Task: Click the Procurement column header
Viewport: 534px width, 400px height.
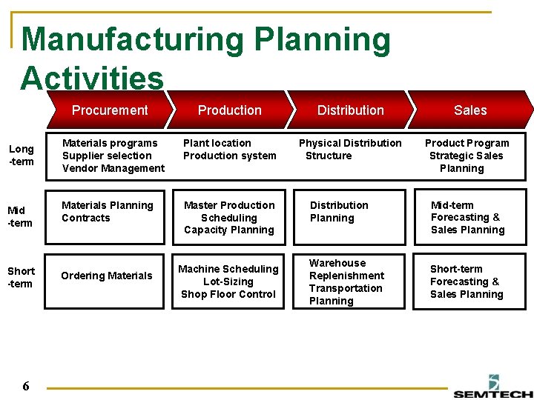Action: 110,110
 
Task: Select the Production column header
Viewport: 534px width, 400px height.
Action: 230,110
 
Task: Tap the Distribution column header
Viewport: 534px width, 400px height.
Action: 351,110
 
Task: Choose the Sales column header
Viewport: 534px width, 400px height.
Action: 470,110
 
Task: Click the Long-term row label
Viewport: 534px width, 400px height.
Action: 22,156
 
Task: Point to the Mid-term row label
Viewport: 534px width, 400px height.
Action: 21,217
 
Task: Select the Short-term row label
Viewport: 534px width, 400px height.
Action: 22,277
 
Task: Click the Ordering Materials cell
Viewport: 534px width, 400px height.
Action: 106,276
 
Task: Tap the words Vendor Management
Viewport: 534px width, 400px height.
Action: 113,168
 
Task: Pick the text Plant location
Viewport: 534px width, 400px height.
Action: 217,143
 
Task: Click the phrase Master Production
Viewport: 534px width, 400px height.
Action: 229,205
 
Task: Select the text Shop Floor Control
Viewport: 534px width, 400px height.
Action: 228,294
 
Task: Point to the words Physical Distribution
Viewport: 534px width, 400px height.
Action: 350,143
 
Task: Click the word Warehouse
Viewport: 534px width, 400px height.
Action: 337,263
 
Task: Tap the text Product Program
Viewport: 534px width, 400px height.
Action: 467,143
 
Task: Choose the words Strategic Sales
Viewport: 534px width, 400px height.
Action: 466,156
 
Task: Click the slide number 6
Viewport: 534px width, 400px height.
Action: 26,386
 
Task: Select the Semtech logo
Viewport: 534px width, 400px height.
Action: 493,386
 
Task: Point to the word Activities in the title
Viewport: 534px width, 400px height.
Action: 92,79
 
